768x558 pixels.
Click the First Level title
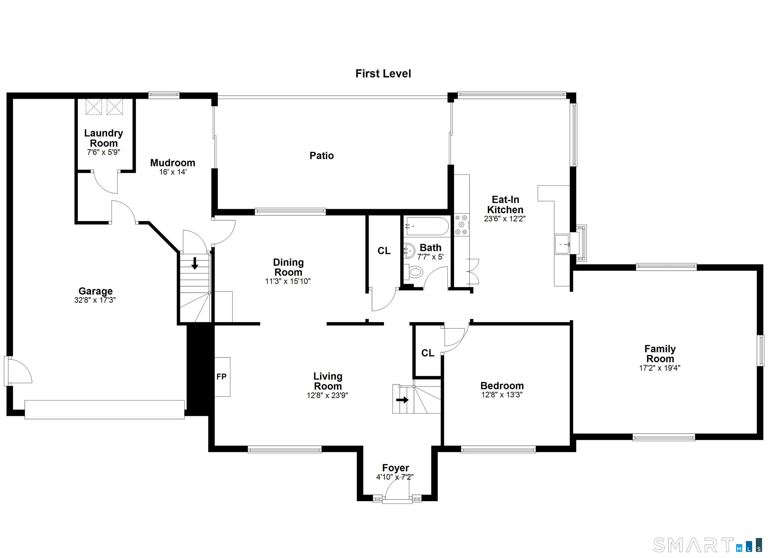383,74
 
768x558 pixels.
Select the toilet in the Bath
414,272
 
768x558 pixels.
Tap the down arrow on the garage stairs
195,263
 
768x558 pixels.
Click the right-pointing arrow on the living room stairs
402,400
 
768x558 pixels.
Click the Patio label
322,156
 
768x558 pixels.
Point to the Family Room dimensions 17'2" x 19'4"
660,368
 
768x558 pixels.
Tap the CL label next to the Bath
384,251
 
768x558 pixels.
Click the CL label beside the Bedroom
428,353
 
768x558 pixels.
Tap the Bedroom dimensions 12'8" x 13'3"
502,395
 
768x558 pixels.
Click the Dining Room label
288,267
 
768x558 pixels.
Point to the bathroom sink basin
410,251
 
